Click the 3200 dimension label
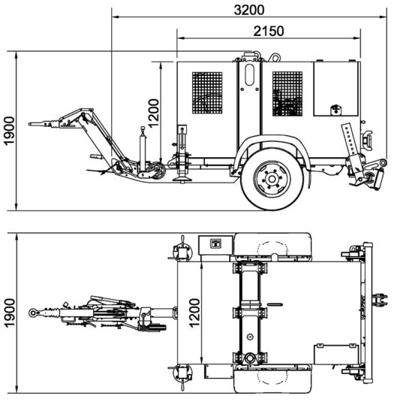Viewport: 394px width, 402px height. click(249, 10)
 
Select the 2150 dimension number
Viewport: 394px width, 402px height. click(269, 32)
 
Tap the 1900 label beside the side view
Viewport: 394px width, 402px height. click(10, 131)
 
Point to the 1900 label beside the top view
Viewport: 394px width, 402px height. click(10, 313)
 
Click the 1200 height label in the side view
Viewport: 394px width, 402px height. click(154, 113)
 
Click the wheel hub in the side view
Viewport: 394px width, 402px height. click(272, 179)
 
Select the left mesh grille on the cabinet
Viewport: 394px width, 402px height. click(207, 92)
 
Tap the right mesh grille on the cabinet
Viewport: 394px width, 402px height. click(287, 94)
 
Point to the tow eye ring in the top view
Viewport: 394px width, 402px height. click(33, 313)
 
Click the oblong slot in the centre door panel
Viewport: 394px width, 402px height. click(249, 74)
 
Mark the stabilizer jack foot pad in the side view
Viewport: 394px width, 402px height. click(182, 178)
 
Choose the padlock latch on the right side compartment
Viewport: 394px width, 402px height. click(336, 110)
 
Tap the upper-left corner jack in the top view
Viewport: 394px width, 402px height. click(182, 251)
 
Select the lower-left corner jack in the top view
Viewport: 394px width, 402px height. click(182, 375)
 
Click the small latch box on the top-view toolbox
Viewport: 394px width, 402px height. click(215, 243)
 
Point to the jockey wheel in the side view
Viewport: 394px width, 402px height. click(155, 171)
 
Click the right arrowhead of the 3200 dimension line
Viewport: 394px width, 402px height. click(383, 17)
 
